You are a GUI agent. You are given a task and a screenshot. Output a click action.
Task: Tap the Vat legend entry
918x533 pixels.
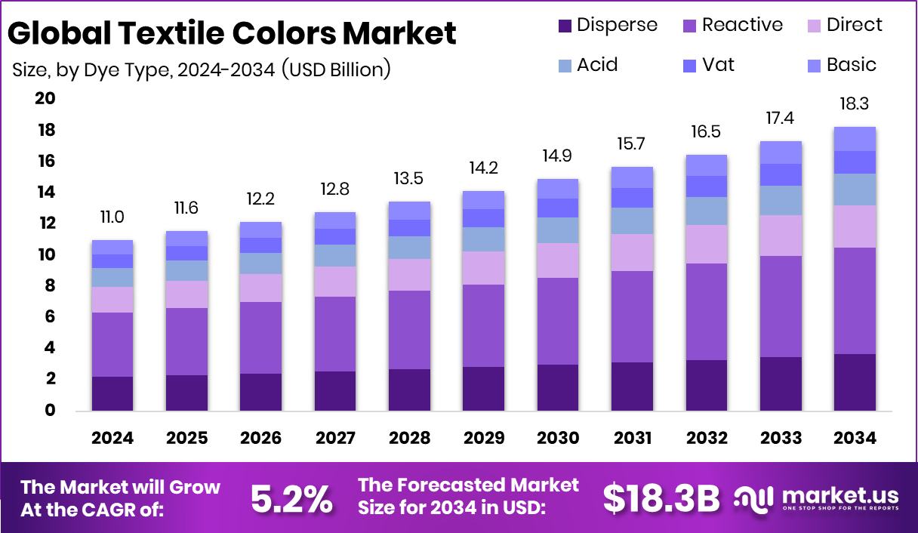718,65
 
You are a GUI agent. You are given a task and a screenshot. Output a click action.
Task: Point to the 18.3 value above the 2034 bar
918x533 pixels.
855,103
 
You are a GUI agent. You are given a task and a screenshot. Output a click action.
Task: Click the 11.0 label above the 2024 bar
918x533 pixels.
112,217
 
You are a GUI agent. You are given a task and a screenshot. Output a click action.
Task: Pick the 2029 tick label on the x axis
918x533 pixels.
483,439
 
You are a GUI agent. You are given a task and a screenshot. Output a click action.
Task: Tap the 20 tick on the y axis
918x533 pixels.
45,99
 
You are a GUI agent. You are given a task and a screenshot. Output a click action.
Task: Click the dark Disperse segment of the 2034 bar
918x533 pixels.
855,382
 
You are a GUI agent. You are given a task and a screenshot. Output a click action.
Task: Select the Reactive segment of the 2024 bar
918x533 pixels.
112,344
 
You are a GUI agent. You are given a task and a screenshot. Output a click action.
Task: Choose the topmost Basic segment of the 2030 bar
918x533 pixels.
557,189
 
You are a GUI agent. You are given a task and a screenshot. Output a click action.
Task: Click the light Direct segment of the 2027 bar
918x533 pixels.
335,281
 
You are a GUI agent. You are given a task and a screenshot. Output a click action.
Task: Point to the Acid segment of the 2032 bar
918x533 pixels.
706,211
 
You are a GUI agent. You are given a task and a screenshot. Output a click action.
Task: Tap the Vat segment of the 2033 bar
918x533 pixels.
781,174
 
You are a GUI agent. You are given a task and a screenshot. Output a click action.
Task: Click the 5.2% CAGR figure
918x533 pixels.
291,498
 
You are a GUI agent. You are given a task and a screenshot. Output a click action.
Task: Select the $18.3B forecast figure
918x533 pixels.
661,498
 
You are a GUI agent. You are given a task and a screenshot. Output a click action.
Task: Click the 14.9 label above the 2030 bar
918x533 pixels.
557,156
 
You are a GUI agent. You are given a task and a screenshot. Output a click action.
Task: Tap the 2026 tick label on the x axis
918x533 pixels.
260,439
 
